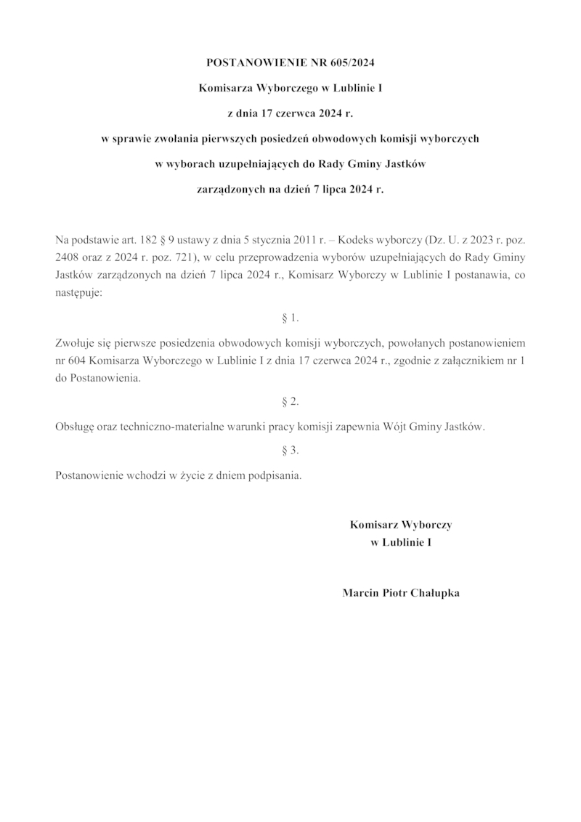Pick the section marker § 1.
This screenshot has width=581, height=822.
290,318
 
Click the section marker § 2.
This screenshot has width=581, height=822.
290,401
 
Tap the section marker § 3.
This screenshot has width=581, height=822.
290,451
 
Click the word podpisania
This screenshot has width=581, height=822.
275,476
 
